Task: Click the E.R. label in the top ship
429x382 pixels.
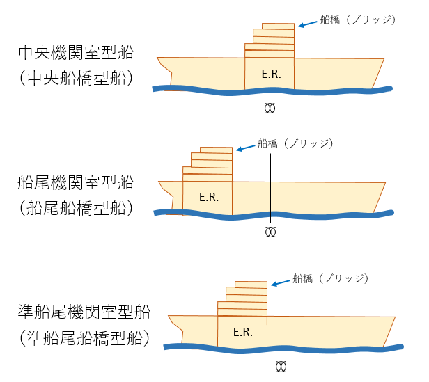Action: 271,74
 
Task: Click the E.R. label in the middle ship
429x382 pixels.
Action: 209,197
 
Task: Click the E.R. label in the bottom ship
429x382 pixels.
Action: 242,332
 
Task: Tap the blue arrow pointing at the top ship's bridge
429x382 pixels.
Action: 308,24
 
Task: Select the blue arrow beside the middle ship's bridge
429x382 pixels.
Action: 245,148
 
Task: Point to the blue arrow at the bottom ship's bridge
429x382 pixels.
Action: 281,283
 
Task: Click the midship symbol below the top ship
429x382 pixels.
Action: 270,109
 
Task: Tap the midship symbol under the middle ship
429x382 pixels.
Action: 271,232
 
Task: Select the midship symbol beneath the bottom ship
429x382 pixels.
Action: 281,367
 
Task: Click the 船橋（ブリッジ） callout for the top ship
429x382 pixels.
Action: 358,20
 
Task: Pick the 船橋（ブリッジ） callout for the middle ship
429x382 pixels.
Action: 295,143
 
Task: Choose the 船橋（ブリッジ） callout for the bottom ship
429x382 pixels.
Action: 331,278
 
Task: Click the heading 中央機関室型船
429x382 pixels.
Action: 76,52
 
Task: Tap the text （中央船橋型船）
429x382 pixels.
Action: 76,78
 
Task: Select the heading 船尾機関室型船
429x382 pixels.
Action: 75,182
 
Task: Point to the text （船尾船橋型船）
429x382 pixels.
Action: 76,208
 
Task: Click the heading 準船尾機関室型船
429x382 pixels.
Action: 84,312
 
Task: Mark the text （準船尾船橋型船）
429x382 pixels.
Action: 84,337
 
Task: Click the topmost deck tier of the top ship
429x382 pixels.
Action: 278,26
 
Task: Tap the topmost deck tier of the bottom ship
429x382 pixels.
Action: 251,285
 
